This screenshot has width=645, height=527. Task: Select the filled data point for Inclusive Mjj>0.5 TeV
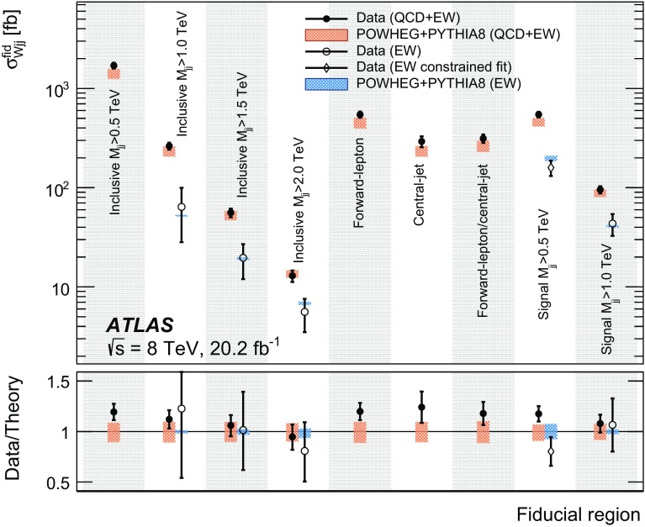[114, 66]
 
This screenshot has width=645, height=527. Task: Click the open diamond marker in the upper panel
[552, 168]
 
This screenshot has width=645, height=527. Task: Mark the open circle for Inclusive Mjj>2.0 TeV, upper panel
[304, 312]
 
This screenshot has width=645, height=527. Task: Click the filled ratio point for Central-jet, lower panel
[421, 408]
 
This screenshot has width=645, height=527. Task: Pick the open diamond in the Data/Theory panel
[552, 451]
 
